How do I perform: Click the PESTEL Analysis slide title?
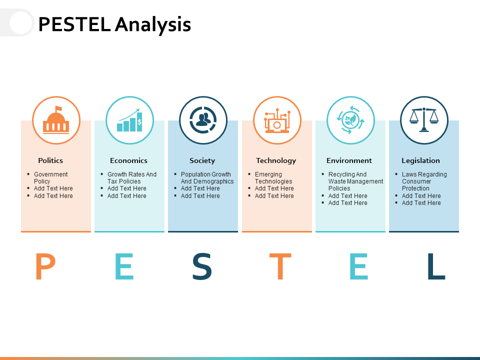(114, 24)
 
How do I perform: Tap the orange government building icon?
(56, 120)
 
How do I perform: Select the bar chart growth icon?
(129, 120)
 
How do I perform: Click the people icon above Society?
(203, 120)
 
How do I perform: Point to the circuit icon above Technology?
(277, 120)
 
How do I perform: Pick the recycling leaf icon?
(350, 120)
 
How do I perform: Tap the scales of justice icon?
(424, 120)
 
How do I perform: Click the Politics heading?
(50, 160)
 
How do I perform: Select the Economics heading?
(128, 160)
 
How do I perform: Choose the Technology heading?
(276, 160)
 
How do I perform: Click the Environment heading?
(349, 160)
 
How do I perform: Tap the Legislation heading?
(420, 160)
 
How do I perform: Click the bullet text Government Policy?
(50, 177)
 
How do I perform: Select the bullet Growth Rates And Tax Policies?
(131, 177)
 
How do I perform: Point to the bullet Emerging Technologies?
(273, 177)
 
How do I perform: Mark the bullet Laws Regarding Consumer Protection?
(424, 181)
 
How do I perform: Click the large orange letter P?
(45, 267)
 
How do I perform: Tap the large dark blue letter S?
(202, 267)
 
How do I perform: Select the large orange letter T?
(280, 267)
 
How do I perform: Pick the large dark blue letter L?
(435, 267)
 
